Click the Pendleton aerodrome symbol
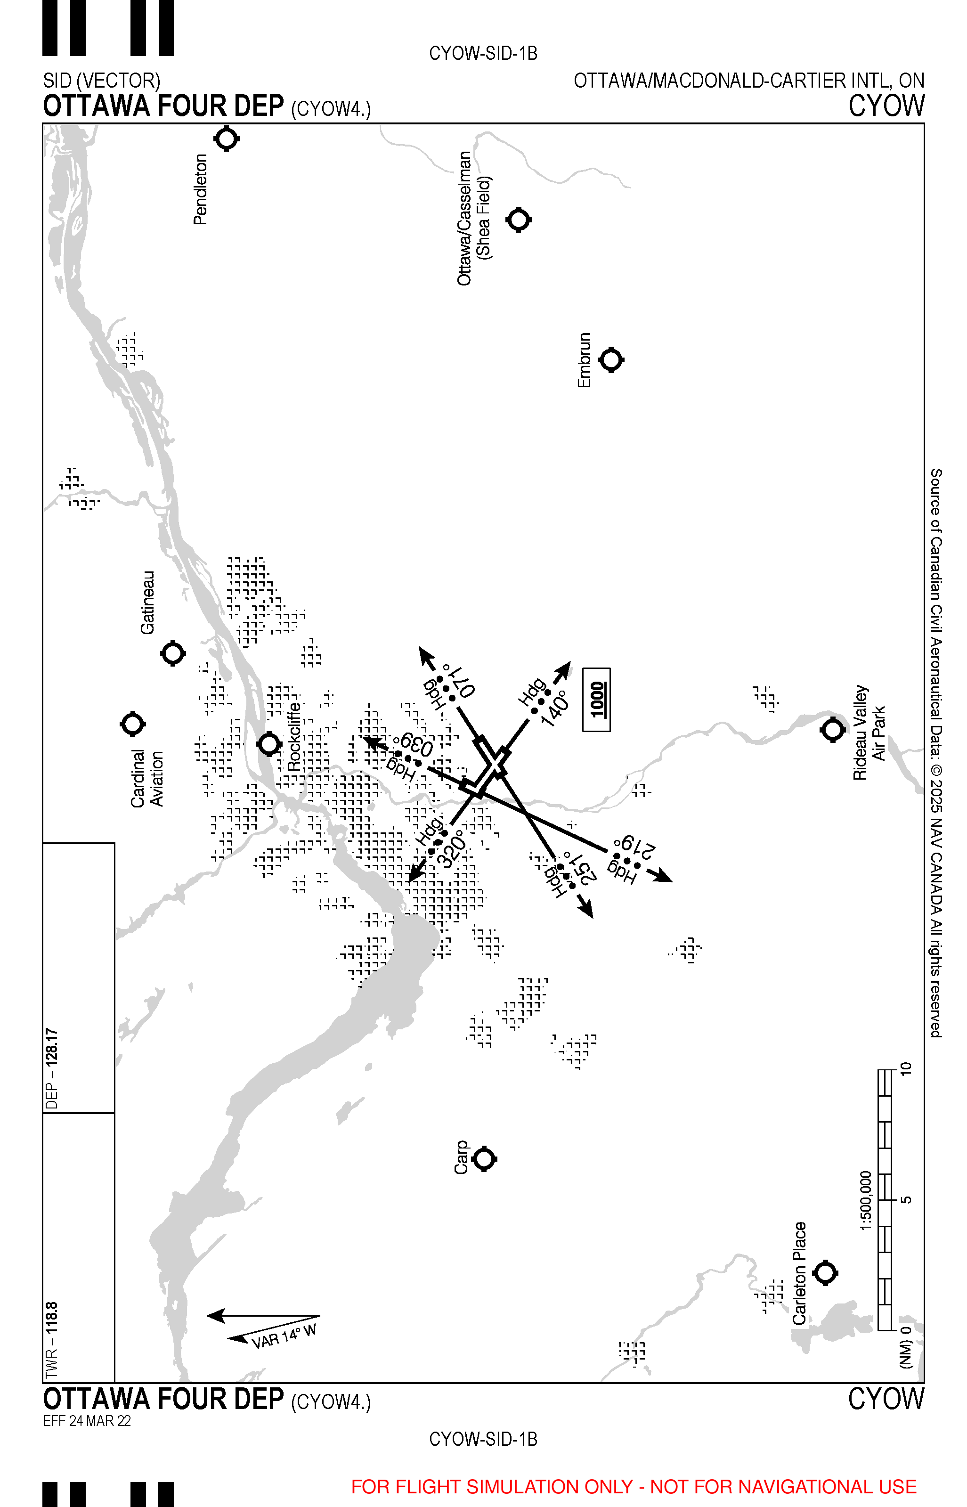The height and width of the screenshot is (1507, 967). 227,139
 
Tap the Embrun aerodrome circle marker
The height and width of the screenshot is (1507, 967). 611,360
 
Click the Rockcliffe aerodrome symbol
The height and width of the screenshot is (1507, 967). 269,744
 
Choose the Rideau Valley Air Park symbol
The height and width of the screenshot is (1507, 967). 833,730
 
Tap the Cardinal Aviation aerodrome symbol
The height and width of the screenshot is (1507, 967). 132,724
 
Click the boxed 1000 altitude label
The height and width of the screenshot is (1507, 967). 596,700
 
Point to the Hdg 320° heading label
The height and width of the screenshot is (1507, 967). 442,843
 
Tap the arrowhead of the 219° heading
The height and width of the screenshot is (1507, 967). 662,877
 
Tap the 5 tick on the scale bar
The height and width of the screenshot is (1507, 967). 905,1200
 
